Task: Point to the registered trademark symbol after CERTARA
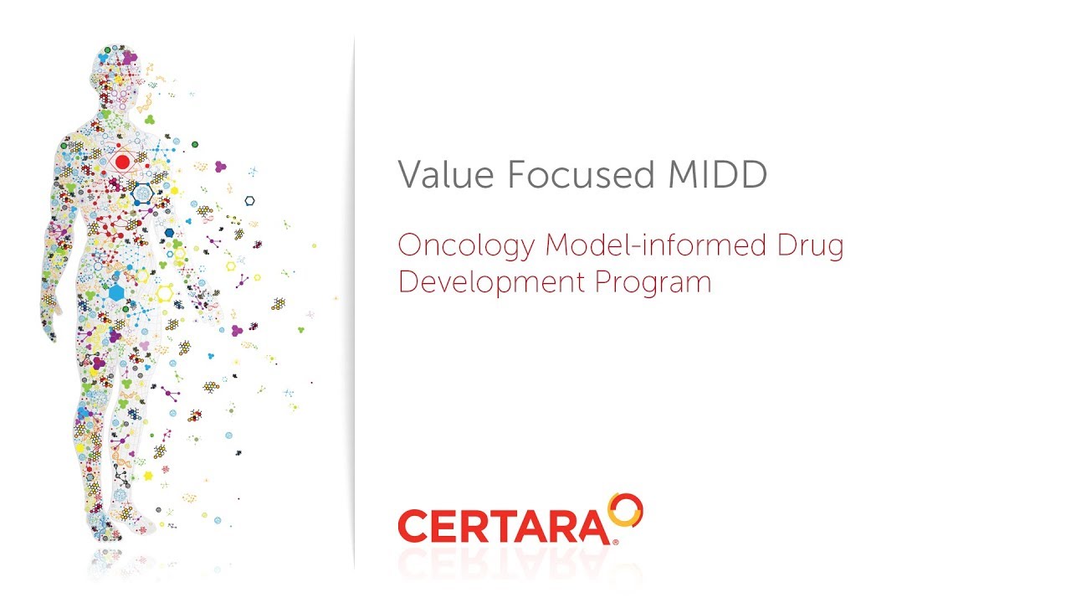coord(616,542)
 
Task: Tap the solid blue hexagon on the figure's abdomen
coord(116,292)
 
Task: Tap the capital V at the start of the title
coord(409,175)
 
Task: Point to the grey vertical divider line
coord(355,301)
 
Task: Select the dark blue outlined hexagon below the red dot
coord(141,192)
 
